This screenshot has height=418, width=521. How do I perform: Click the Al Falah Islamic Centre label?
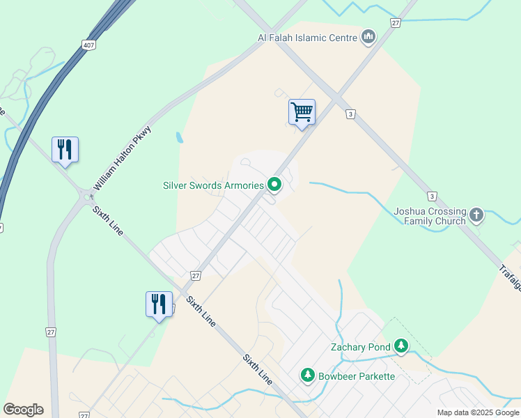pos(308,37)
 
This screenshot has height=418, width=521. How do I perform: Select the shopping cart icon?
pos(302,111)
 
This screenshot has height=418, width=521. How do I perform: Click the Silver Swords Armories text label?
pos(213,185)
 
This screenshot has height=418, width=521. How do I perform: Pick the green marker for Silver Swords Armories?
pos(274,185)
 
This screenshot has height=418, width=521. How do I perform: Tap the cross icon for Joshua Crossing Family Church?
pos(476,214)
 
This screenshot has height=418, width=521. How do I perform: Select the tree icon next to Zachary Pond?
pos(401,346)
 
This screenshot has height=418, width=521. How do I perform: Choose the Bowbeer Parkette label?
pos(357,376)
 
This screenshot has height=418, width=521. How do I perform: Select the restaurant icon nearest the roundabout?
pos(65,150)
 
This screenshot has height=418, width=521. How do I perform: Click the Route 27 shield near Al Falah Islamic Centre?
pos(395,23)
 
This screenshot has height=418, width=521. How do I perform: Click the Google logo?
pos(23,410)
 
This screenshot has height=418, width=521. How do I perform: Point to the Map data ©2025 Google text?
pos(478,412)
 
